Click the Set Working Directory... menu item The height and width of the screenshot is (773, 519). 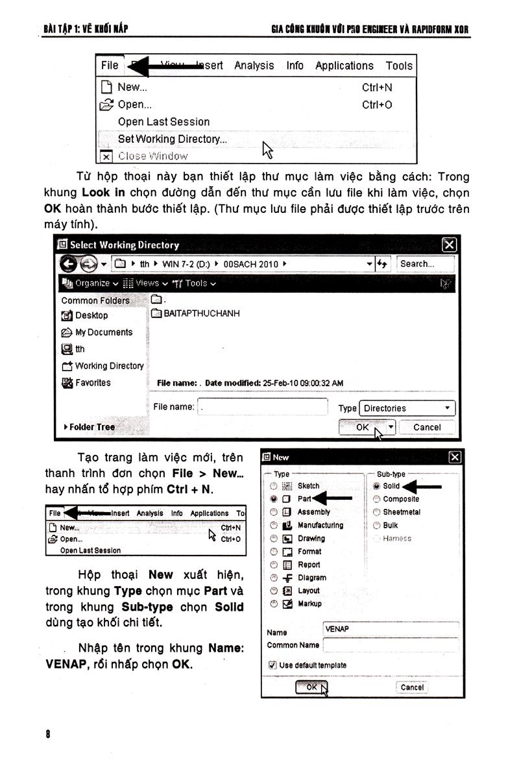pos(172,139)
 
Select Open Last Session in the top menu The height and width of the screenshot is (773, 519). pos(163,121)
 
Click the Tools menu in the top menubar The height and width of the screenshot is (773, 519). pos(398,66)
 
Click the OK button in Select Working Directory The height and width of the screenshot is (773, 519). pos(362,427)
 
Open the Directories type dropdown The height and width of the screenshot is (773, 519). pos(407,408)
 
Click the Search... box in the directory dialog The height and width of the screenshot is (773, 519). pos(426,264)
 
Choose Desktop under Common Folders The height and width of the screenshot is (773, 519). pos(91,315)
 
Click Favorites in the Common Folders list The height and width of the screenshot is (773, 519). pos(92,383)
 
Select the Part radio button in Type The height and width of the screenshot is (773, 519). pos(274,499)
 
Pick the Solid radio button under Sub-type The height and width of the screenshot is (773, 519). pos(376,485)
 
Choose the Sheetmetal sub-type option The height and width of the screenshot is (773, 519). pos(376,512)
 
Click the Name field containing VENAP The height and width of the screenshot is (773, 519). pos(389,629)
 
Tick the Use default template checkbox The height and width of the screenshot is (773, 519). pos(272,665)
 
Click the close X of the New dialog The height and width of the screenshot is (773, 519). pos(455,457)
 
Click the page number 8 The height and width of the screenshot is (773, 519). pos(48,734)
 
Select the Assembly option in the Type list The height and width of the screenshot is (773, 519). pos(274,512)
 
